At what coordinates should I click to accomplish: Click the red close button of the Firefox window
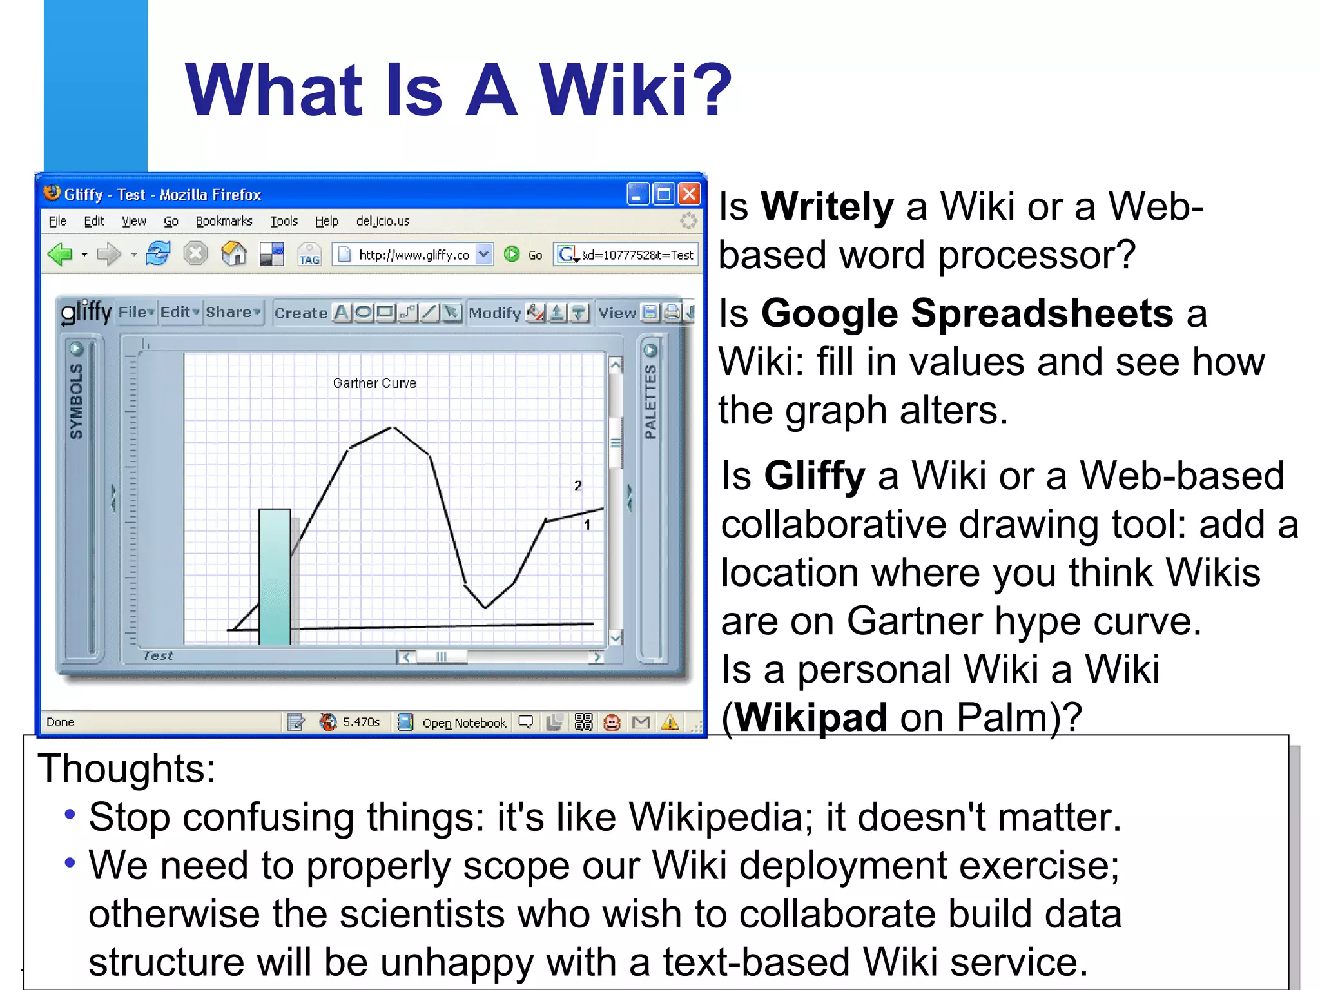pyautogui.click(x=689, y=194)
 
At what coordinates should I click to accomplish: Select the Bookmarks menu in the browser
pyautogui.click(x=224, y=221)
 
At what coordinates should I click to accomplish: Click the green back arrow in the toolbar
pyautogui.click(x=60, y=255)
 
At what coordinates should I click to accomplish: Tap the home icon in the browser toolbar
pyautogui.click(x=234, y=254)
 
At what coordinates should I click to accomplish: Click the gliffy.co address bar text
pyautogui.click(x=414, y=255)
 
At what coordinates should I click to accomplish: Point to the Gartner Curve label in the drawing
pyautogui.click(x=374, y=383)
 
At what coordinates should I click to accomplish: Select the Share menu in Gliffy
pyautogui.click(x=229, y=313)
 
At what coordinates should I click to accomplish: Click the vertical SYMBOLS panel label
pyautogui.click(x=76, y=401)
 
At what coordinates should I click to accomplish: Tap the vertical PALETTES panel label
pyautogui.click(x=650, y=401)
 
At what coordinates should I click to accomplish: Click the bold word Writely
pyautogui.click(x=827, y=207)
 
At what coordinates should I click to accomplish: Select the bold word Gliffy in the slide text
pyautogui.click(x=814, y=476)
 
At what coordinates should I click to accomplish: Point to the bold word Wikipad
pyautogui.click(x=811, y=717)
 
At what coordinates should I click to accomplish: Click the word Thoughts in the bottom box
pyautogui.click(x=126, y=769)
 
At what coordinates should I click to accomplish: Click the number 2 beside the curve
pyautogui.click(x=578, y=486)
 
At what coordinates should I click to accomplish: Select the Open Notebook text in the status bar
pyautogui.click(x=464, y=723)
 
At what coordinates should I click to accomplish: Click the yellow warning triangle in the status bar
pyautogui.click(x=670, y=723)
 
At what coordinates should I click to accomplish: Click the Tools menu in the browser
pyautogui.click(x=284, y=221)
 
